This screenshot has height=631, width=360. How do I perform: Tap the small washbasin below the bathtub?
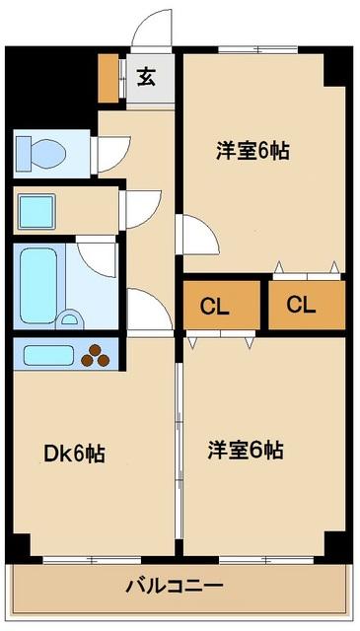coord(69,318)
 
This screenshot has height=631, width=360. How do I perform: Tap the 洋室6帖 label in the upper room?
coord(252,153)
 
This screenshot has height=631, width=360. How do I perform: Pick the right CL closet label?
coord(301,305)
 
